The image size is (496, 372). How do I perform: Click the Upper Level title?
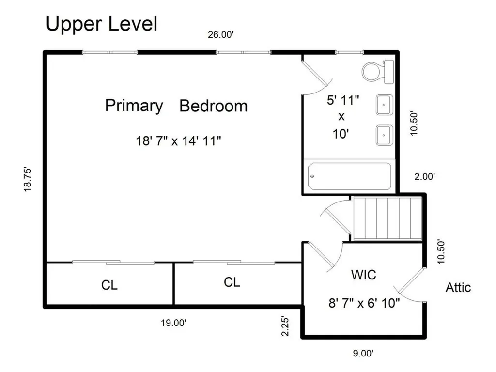coord(102,24)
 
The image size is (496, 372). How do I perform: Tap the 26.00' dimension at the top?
coord(220,34)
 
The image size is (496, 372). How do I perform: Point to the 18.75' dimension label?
coord(28,179)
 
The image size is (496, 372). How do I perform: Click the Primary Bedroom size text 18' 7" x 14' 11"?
coord(178,141)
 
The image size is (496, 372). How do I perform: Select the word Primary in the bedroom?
coord(134,106)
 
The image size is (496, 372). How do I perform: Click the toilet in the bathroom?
coord(378,72)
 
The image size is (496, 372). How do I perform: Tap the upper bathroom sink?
coord(384,105)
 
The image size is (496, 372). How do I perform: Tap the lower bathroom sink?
coord(384,135)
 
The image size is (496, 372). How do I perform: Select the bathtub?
coord(350,176)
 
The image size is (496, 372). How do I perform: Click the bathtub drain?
coord(312,176)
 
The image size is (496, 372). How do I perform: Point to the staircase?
coord(387,218)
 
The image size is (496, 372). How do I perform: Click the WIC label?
coord(364,275)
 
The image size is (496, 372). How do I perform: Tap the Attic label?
coord(458,288)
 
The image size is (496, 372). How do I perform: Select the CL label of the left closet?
coord(109,285)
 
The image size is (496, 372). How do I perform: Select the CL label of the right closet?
coord(232,282)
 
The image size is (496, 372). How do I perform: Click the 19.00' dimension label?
coord(173,323)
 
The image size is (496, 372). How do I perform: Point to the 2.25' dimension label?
coord(285,326)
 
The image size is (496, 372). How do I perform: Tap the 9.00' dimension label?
coord(363,353)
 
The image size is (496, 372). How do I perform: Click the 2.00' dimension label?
coord(424,176)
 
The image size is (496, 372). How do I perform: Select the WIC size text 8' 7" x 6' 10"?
coord(364,303)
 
